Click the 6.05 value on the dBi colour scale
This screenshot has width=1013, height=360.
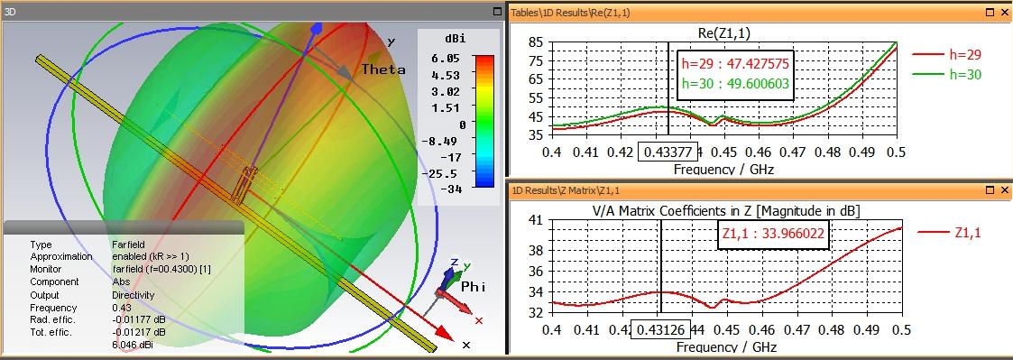(447, 58)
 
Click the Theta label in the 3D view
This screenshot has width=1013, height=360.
(383, 69)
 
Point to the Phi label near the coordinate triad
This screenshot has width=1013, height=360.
(474, 286)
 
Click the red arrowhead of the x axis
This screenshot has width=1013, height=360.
(443, 332)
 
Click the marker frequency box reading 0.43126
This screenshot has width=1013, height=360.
(660, 329)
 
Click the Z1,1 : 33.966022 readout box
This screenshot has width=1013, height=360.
(773, 234)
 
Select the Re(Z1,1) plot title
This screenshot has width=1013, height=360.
(724, 33)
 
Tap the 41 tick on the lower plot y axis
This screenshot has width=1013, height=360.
(536, 219)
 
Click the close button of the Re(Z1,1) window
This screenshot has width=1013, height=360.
(1005, 12)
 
